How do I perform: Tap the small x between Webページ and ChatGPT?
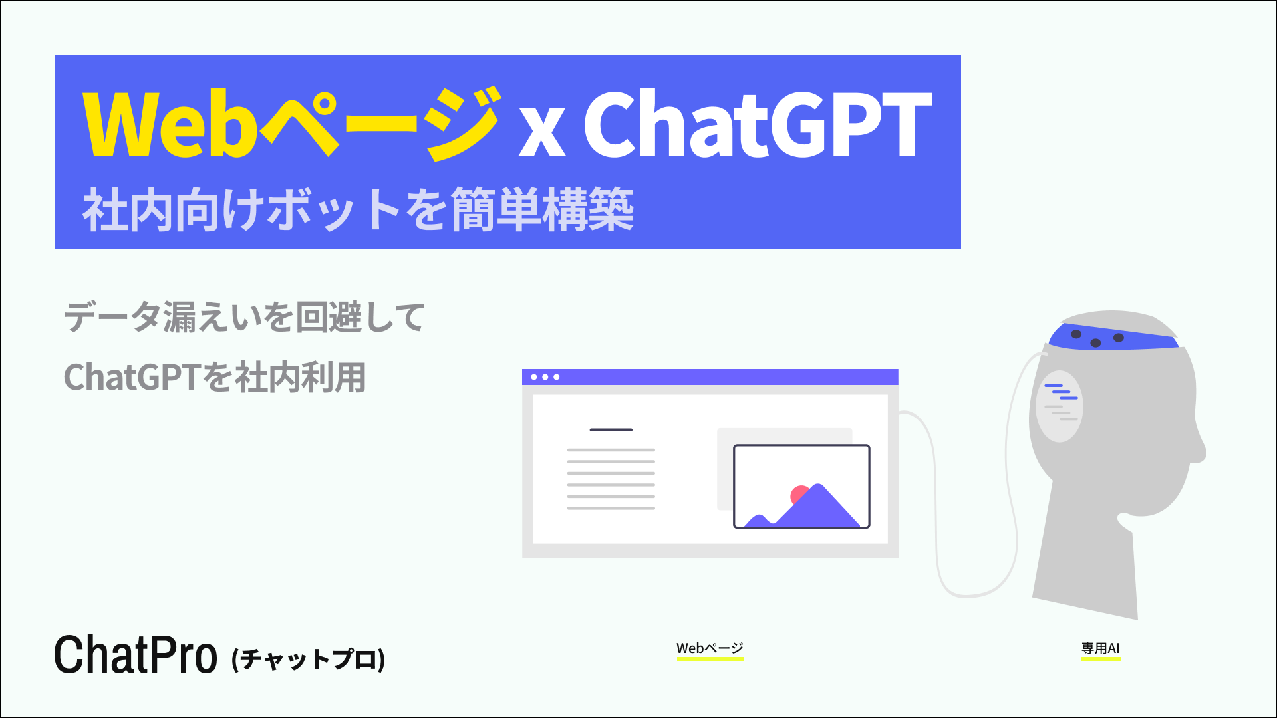click(542, 133)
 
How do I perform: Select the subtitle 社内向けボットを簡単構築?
click(358, 210)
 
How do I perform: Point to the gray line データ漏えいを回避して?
click(244, 317)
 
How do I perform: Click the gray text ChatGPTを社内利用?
click(215, 378)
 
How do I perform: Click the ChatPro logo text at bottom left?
click(135, 656)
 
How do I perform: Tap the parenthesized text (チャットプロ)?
click(309, 659)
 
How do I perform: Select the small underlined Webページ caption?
click(710, 648)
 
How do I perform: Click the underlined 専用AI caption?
click(1100, 648)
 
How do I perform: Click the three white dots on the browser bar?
click(545, 377)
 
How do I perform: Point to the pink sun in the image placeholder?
click(797, 494)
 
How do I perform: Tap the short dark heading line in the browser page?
click(611, 430)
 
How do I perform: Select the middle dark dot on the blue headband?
click(1095, 343)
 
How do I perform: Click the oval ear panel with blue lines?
click(1059, 406)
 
